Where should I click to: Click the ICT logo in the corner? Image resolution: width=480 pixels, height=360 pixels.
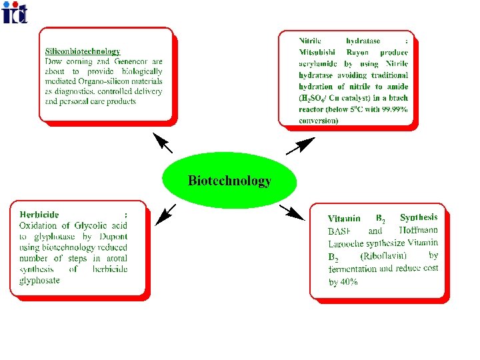tap(15, 12)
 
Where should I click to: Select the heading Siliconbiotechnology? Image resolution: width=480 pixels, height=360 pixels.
tap(83, 51)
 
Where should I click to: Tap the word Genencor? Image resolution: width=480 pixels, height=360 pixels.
tap(130, 61)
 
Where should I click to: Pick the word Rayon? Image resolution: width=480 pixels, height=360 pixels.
tap(357, 52)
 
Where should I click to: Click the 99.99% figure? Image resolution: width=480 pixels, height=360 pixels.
tap(393, 109)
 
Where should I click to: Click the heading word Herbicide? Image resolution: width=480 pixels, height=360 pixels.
tap(39, 215)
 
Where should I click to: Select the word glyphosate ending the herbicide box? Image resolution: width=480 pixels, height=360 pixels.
tap(39, 280)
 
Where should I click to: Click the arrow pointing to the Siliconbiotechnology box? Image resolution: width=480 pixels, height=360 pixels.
tap(162, 142)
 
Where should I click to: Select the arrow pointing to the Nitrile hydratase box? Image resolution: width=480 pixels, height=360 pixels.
tap(301, 145)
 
